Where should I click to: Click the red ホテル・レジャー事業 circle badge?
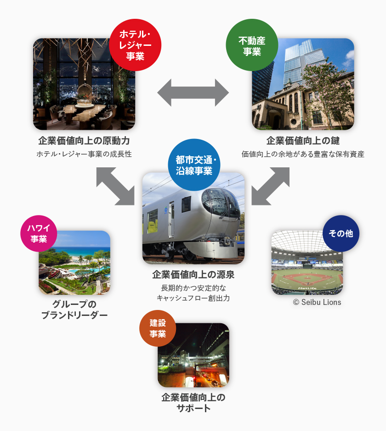point(135,45)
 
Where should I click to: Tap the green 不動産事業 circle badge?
point(252,45)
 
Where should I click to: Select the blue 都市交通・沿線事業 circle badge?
point(194,165)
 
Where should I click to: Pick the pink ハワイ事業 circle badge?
point(39,233)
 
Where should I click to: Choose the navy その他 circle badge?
point(341,233)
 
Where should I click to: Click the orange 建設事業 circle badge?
point(158,328)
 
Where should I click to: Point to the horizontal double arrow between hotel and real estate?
point(193,93)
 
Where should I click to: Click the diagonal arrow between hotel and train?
point(115,186)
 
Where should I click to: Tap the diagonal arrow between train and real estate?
point(271,186)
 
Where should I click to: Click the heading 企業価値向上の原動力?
point(84,141)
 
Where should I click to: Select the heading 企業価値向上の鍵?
point(303,141)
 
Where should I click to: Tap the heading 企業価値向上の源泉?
point(193,275)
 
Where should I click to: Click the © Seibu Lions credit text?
point(317,302)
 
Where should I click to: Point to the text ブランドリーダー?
point(74,315)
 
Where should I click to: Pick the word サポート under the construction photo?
point(193,409)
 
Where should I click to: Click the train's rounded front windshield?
point(221,203)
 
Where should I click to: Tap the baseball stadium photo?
point(307,263)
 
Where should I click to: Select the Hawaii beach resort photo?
point(74,263)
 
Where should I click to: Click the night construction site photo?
point(193,355)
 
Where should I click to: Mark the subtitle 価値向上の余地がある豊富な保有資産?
point(303,154)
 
